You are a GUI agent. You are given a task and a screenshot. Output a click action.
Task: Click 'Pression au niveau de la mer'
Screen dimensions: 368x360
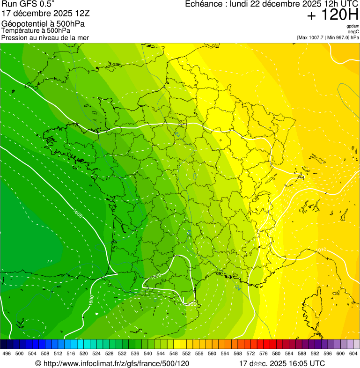[x=45, y=37]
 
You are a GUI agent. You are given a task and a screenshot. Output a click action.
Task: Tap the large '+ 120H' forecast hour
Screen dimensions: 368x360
[x=332, y=15]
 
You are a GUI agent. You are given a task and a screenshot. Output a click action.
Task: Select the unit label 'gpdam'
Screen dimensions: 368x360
[x=353, y=26]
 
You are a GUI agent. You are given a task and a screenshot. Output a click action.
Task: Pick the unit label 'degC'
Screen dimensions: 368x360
[x=353, y=32]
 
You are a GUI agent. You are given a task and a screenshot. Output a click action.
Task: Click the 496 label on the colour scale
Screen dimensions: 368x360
[x=7, y=354]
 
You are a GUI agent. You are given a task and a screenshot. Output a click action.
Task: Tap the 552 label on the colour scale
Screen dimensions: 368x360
[x=186, y=354]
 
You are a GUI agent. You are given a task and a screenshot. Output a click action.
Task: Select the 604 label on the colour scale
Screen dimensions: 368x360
[x=353, y=354]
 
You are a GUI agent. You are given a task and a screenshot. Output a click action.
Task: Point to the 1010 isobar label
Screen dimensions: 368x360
[x=321, y=250]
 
